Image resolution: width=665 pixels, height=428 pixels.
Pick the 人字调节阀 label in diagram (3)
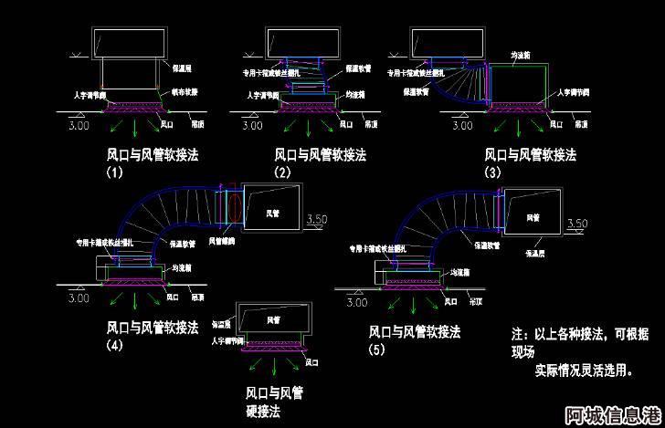coord(572,92)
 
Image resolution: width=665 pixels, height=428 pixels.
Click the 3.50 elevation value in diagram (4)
coord(315,219)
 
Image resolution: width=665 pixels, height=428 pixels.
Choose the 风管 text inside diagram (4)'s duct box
coord(272,213)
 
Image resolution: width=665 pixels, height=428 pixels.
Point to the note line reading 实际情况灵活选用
coord(583,371)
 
